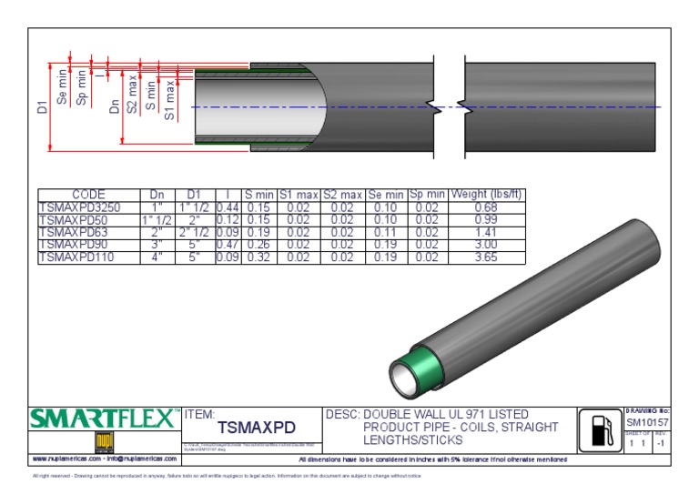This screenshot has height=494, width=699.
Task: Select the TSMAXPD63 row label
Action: [x=73, y=232]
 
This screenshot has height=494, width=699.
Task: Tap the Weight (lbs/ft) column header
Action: [x=487, y=195]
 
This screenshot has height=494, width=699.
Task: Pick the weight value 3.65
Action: [x=487, y=257]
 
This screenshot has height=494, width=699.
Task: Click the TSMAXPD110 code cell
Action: [x=76, y=257]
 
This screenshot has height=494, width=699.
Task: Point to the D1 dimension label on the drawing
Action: [x=41, y=108]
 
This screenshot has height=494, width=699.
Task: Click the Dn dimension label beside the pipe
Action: [x=115, y=106]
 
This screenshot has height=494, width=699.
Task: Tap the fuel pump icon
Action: [x=600, y=428]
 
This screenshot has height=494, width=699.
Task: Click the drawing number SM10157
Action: [x=647, y=423]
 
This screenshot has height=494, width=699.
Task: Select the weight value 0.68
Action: [x=487, y=207]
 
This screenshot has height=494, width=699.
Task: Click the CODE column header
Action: [x=88, y=195]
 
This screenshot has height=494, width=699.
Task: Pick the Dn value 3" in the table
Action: [x=156, y=245]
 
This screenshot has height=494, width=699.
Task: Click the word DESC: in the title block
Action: [x=342, y=414]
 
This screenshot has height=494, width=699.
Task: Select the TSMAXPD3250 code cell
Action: [x=78, y=207]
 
